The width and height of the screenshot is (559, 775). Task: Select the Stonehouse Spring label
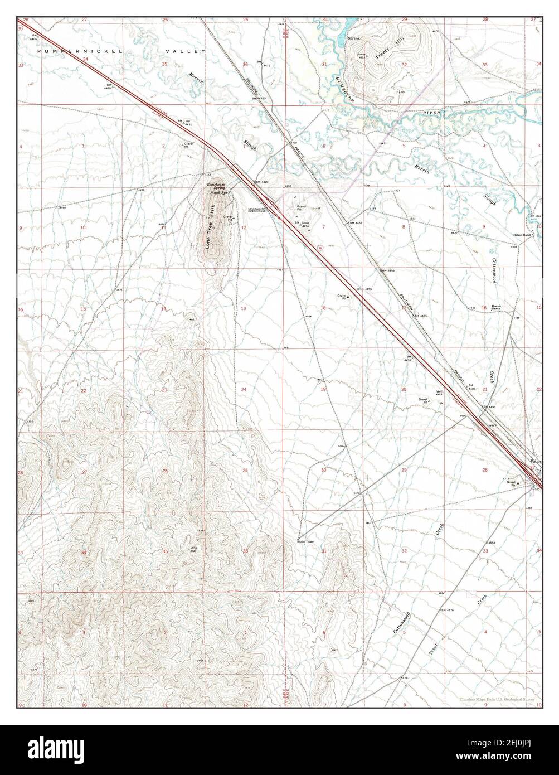point(216,186)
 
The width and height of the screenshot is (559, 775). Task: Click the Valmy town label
point(536,462)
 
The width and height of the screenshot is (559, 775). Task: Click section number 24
point(244,389)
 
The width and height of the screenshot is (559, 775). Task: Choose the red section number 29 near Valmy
point(404,471)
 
